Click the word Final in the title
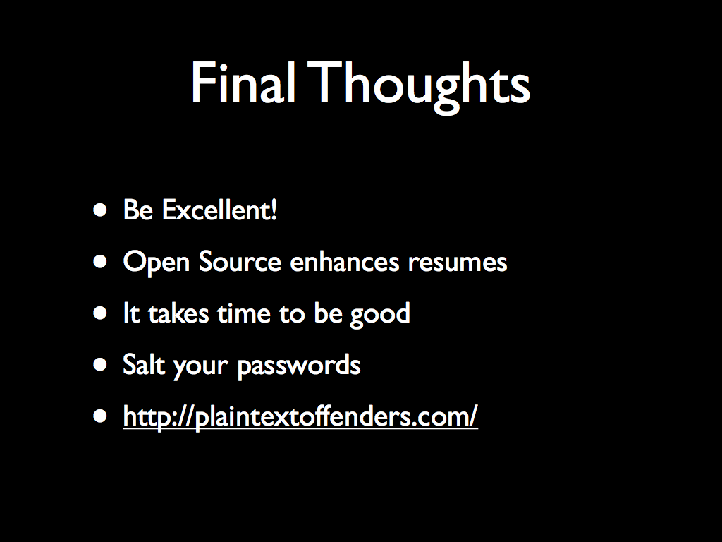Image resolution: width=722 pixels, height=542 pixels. (x=243, y=83)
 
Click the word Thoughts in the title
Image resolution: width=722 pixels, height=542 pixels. (x=419, y=88)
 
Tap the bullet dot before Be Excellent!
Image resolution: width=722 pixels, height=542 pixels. (x=100, y=210)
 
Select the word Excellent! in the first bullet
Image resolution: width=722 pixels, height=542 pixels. (x=220, y=210)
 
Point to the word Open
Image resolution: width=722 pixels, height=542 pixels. (x=157, y=263)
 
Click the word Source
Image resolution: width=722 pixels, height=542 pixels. (x=240, y=261)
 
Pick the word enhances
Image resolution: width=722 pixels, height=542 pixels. (x=344, y=261)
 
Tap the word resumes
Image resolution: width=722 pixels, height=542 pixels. (x=458, y=263)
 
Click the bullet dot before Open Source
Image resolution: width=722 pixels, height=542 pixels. (x=100, y=263)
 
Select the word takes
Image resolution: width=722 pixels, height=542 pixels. (x=178, y=313)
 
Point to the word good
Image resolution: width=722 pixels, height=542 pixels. (x=380, y=315)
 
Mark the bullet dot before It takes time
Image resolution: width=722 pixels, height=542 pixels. (x=100, y=314)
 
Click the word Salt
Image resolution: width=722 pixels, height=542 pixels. (x=144, y=365)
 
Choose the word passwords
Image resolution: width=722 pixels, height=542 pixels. (x=299, y=366)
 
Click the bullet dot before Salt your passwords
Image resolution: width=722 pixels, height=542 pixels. (x=100, y=366)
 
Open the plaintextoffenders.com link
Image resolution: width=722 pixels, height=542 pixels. (x=300, y=417)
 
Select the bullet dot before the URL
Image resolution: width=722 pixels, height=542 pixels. (x=100, y=417)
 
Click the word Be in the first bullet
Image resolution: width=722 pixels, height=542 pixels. (x=138, y=210)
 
